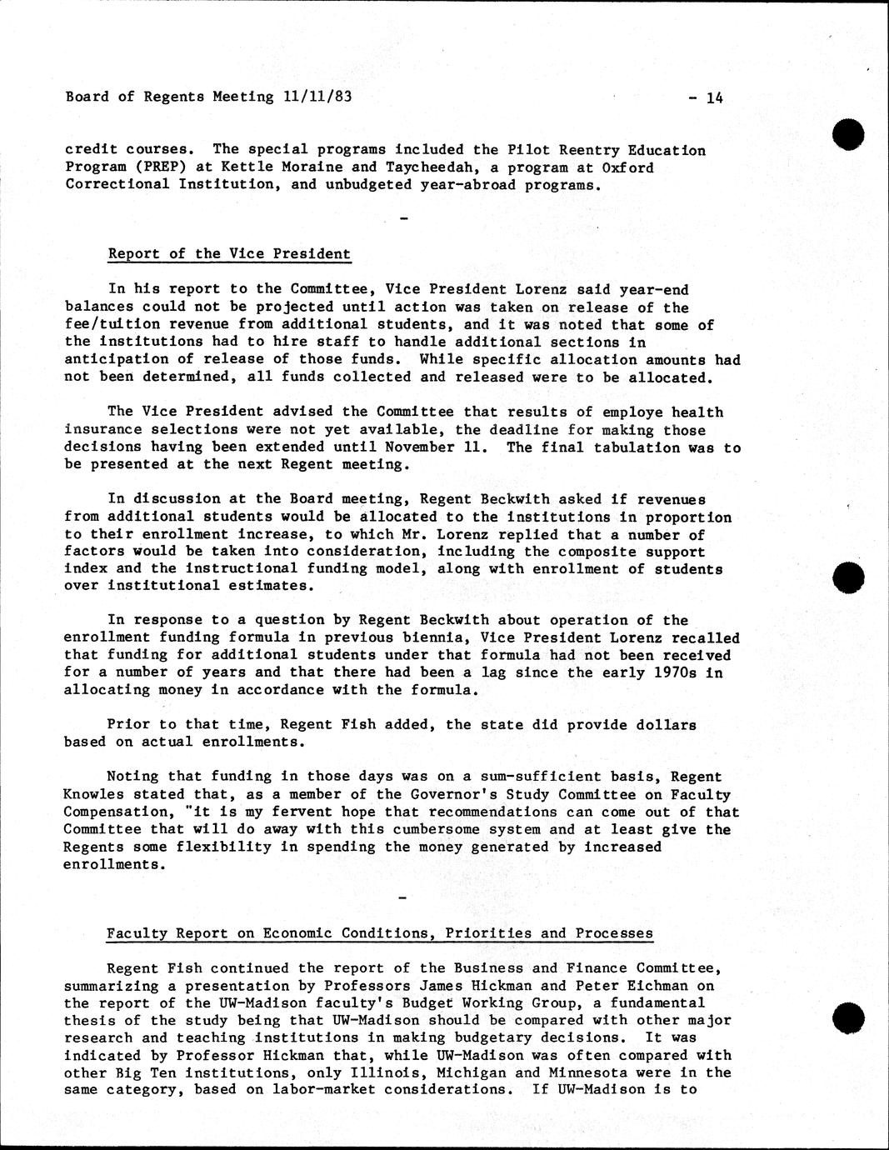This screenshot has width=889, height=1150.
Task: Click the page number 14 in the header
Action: [715, 97]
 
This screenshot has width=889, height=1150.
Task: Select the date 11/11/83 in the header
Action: [317, 97]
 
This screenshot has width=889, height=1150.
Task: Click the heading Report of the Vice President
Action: [229, 254]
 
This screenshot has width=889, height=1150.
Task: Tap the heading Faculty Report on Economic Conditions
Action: [379, 933]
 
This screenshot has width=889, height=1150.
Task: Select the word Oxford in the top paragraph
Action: [627, 167]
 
